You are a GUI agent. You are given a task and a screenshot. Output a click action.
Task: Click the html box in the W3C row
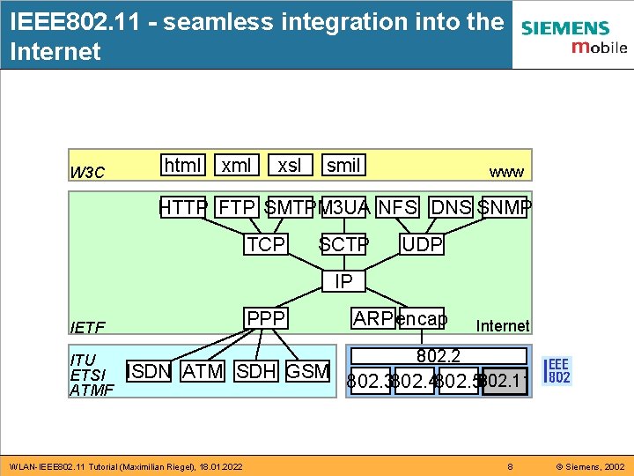pos(183,165)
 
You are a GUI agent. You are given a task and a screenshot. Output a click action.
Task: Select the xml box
pos(236,165)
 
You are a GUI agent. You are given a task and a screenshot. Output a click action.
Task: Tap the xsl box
pos(289,165)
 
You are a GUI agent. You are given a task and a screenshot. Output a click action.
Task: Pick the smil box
pos(343,165)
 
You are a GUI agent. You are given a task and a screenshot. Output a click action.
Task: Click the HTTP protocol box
pos(183,208)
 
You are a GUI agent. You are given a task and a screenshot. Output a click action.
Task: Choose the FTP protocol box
pos(236,208)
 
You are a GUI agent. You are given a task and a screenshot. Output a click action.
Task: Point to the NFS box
pos(397,208)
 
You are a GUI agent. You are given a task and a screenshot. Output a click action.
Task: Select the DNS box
pos(451,208)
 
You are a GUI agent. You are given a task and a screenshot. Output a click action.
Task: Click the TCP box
pos(266,244)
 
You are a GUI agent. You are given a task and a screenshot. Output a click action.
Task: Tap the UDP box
pos(422,244)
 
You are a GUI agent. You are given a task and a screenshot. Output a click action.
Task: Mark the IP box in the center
pos(343,281)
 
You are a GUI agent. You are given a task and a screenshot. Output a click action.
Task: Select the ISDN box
pos(148,371)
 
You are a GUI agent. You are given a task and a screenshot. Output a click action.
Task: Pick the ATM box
pos(203,371)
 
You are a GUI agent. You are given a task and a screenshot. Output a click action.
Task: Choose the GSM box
pos(308,371)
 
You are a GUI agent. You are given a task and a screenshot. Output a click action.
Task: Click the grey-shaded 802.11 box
pos(505,382)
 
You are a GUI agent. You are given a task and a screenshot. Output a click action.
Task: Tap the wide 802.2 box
pos(439,356)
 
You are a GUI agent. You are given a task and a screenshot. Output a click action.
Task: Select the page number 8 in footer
pos(509,465)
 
